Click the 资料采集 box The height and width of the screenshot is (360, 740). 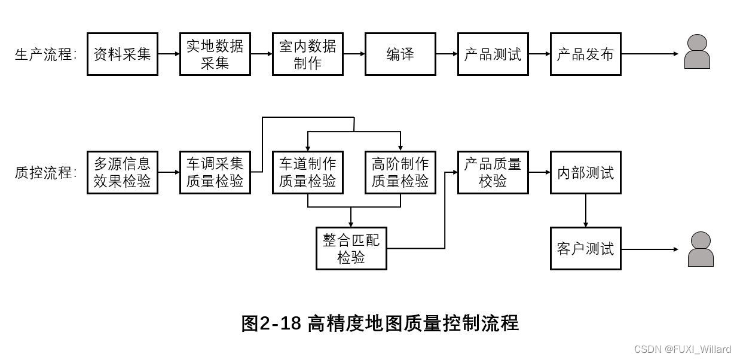pyautogui.click(x=123, y=54)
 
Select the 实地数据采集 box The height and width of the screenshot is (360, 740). pyautogui.click(x=215, y=54)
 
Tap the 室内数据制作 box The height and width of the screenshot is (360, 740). pyautogui.click(x=308, y=54)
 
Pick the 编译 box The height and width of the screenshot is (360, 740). pyautogui.click(x=400, y=54)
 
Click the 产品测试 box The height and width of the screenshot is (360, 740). pyautogui.click(x=493, y=54)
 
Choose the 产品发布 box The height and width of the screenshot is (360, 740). pyautogui.click(x=586, y=54)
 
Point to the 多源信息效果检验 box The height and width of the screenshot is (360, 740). pyautogui.click(x=123, y=173)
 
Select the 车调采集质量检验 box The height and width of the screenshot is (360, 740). pyautogui.click(x=215, y=173)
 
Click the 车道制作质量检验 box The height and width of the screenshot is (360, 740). pyautogui.click(x=308, y=173)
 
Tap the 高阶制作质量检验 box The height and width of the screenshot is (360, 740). pyautogui.click(x=400, y=173)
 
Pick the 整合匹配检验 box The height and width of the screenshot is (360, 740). pyautogui.click(x=351, y=249)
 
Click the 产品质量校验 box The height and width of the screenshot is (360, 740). pyautogui.click(x=493, y=173)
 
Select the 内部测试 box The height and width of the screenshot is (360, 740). pyautogui.click(x=586, y=173)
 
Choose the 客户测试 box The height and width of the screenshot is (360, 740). pyautogui.click(x=586, y=249)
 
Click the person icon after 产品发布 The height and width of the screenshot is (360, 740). pyautogui.click(x=697, y=52)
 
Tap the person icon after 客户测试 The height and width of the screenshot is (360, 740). pyautogui.click(x=701, y=249)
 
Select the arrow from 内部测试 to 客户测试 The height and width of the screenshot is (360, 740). pyautogui.click(x=586, y=210)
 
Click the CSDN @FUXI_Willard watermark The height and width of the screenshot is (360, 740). pyautogui.click(x=682, y=349)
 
